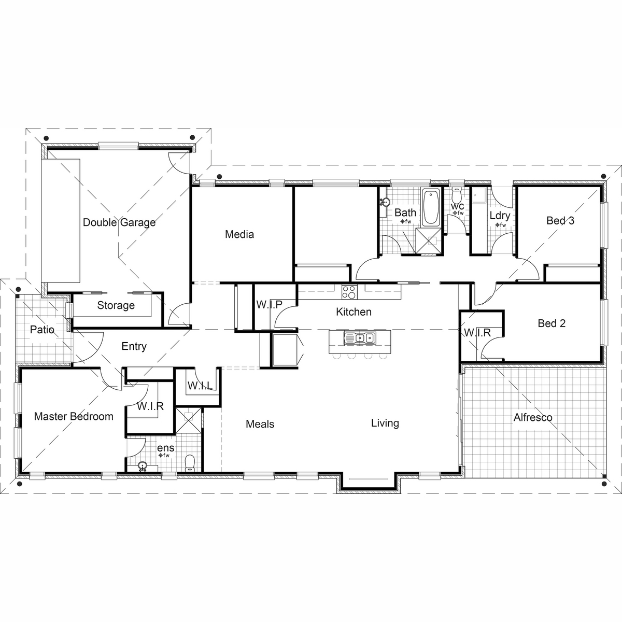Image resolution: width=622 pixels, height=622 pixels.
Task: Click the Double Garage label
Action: pyautogui.click(x=119, y=222)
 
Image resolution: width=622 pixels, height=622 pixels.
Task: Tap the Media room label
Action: pyautogui.click(x=239, y=234)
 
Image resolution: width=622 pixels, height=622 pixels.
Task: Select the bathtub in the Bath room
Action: pyautogui.click(x=431, y=207)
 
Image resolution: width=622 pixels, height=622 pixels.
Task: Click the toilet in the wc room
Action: pyautogui.click(x=456, y=196)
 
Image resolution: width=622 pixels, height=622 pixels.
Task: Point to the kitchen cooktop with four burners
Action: pyautogui.click(x=349, y=292)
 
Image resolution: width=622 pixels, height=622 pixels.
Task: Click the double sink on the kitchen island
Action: pyautogui.click(x=360, y=338)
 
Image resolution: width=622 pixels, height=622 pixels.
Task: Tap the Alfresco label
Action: pyautogui.click(x=533, y=417)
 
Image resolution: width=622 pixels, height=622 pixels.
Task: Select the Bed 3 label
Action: pyautogui.click(x=560, y=221)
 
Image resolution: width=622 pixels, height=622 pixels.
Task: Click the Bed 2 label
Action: pyautogui.click(x=552, y=323)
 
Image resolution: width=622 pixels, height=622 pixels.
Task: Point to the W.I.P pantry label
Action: pyautogui.click(x=269, y=305)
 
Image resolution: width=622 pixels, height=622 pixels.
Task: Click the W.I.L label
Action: pyautogui.click(x=200, y=386)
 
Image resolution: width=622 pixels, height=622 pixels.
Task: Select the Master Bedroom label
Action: pyautogui.click(x=74, y=416)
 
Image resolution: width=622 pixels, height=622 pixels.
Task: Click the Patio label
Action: pyautogui.click(x=42, y=330)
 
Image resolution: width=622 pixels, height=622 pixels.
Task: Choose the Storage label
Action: pyautogui.click(x=116, y=305)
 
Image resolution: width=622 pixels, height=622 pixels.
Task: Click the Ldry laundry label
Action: pyautogui.click(x=500, y=216)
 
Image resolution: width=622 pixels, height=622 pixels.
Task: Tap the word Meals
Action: pyautogui.click(x=260, y=424)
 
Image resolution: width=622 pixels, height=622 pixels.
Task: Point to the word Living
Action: pyautogui.click(x=385, y=423)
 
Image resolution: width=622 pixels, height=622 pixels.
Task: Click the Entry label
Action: pyautogui.click(x=134, y=346)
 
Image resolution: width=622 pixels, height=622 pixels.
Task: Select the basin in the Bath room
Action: pyautogui.click(x=385, y=202)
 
